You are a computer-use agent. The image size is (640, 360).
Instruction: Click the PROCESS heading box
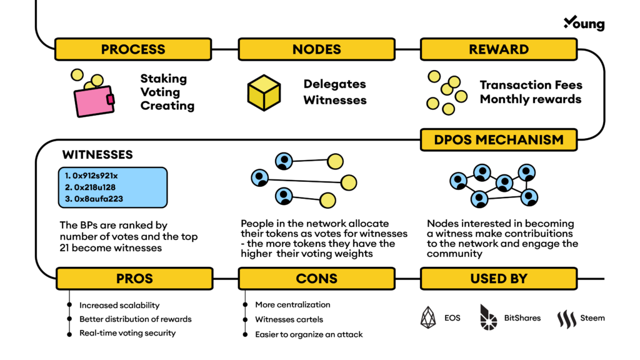tap(132, 49)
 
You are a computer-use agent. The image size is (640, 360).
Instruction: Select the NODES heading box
tap(316, 49)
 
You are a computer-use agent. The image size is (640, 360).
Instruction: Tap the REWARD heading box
tap(498, 49)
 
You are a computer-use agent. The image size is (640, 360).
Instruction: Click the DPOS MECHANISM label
tap(498, 139)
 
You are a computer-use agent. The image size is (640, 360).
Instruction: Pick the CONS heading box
tap(316, 278)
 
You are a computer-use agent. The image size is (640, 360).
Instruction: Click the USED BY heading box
tap(498, 278)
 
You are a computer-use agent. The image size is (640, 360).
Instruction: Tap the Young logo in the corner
tap(584, 23)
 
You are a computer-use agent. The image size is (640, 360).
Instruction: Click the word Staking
tap(163, 79)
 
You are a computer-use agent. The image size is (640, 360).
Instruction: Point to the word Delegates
tap(334, 84)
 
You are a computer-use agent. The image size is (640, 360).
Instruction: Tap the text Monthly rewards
tap(530, 99)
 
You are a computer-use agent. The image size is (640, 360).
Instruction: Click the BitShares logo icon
tap(488, 317)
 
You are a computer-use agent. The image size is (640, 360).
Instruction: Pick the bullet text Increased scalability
tap(119, 305)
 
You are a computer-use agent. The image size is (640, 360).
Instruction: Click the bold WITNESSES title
tap(97, 154)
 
